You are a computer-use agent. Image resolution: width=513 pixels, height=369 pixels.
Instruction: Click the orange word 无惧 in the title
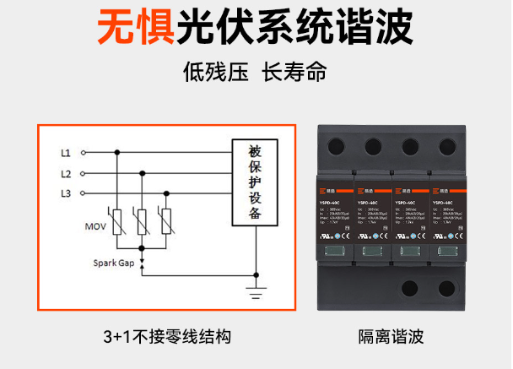tap(136, 28)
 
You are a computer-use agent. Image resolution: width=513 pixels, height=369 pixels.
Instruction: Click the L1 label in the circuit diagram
tap(65, 153)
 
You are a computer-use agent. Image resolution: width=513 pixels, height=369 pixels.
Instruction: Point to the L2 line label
tap(65, 174)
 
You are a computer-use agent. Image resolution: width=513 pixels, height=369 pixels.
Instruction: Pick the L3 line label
tap(65, 194)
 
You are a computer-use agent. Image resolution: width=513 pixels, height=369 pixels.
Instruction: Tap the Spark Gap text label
tap(114, 263)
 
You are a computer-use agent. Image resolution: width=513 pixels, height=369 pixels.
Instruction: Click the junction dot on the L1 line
tap(117, 153)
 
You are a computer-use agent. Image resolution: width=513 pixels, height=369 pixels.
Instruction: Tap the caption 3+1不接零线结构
tap(167, 336)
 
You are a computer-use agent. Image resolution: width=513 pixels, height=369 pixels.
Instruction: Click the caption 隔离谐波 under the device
tap(391, 336)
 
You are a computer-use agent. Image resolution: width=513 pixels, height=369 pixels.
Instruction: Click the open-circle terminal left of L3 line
tap(82, 194)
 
